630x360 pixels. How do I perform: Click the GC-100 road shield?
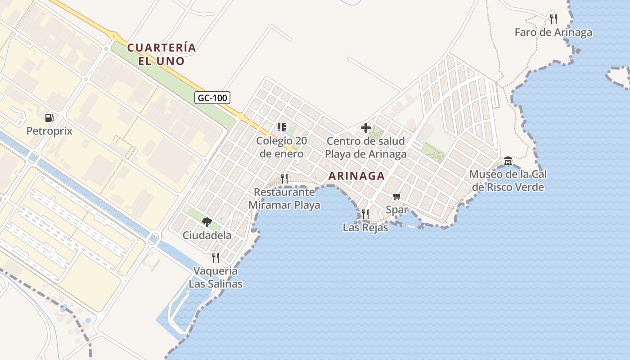pyautogui.click(x=212, y=97)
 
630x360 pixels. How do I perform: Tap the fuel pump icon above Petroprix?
pyautogui.click(x=49, y=118)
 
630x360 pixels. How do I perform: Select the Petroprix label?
pyautogui.click(x=49, y=131)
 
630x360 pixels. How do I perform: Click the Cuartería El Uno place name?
pyautogui.click(x=162, y=54)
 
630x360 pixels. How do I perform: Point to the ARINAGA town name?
pyautogui.click(x=357, y=176)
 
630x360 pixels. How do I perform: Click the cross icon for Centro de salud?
pyautogui.click(x=365, y=128)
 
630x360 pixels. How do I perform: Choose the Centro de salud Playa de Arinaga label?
pyautogui.click(x=365, y=148)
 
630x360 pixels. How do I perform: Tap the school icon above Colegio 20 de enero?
pyautogui.click(x=282, y=127)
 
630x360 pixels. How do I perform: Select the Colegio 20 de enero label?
pyautogui.click(x=282, y=147)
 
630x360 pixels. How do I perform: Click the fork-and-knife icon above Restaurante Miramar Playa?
pyautogui.click(x=284, y=178)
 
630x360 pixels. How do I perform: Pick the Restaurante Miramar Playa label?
pyautogui.click(x=284, y=198)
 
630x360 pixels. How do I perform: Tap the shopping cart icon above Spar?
pyautogui.click(x=396, y=196)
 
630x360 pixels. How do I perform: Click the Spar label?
pyautogui.click(x=397, y=209)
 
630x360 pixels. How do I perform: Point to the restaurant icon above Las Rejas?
pyautogui.click(x=365, y=214)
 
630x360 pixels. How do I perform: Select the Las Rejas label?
pyautogui.click(x=365, y=228)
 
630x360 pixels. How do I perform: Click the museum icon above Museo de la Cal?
pyautogui.click(x=508, y=161)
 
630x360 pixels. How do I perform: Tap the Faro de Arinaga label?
pyautogui.click(x=553, y=32)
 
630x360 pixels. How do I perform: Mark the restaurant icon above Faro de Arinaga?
pyautogui.click(x=553, y=18)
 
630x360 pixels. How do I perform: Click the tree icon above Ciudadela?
pyautogui.click(x=207, y=222)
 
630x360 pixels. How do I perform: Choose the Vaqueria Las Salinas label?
pyautogui.click(x=216, y=277)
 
